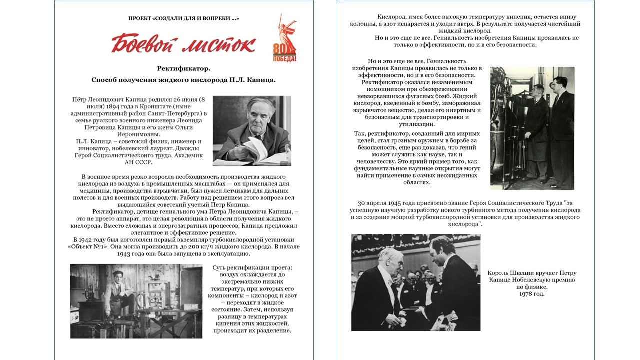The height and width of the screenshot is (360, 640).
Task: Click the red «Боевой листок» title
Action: [183, 44]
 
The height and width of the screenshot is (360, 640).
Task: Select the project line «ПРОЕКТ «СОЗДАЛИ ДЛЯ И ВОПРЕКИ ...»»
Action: [183, 18]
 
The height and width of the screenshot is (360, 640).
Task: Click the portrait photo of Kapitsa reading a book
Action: [252, 131]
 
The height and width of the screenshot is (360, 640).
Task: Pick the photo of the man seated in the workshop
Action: [136, 301]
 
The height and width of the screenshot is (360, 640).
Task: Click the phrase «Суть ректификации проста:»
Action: [252, 268]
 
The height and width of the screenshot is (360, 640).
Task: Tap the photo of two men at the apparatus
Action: [532, 128]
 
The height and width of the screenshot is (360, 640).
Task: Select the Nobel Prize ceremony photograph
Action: [416, 282]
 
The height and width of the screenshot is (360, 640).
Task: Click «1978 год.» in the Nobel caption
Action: [532, 294]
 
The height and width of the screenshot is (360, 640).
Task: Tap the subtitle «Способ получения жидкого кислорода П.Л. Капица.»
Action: [183, 80]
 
